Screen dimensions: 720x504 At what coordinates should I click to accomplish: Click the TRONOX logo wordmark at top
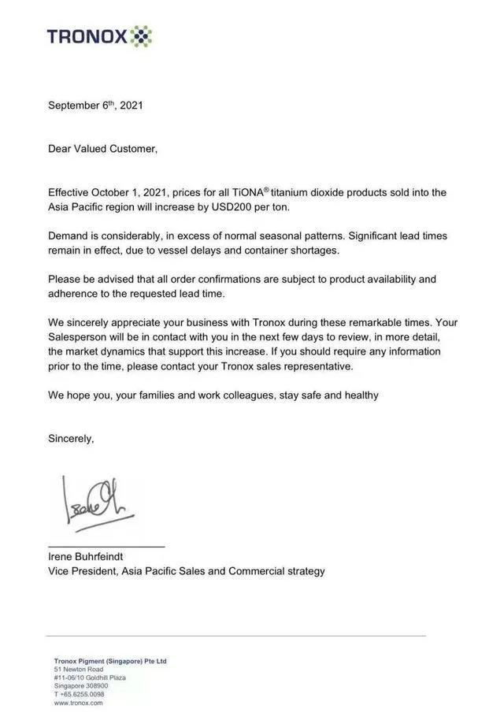[x=86, y=36]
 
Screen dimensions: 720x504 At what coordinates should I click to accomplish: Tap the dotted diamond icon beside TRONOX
[x=141, y=36]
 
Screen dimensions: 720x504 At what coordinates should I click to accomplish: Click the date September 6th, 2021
[x=95, y=105]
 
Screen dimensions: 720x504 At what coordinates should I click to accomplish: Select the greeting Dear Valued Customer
[x=102, y=148]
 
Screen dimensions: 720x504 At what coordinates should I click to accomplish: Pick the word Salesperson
[x=81, y=337]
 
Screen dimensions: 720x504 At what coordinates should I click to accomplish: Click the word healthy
[x=359, y=395]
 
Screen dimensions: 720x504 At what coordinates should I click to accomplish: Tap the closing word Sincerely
[x=71, y=439]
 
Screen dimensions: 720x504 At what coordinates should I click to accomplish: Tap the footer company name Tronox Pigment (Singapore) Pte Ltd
[x=110, y=661]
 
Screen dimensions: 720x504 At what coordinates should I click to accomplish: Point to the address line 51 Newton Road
[x=79, y=670]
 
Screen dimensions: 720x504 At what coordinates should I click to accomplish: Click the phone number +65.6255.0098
[x=82, y=694]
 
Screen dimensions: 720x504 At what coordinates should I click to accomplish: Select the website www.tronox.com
[x=79, y=703]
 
